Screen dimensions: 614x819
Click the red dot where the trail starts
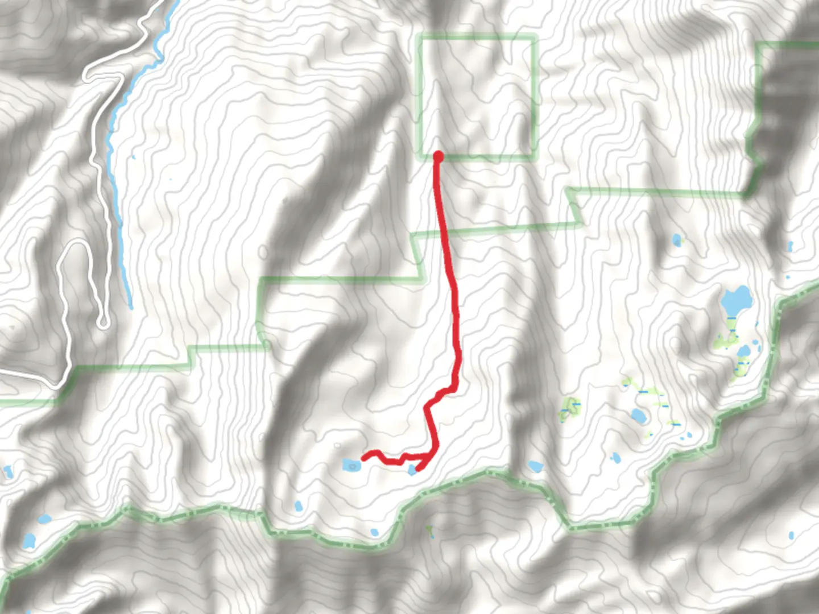[x=438, y=156]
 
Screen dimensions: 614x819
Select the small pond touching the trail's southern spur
[x=412, y=470]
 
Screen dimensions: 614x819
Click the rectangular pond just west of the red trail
[x=351, y=466]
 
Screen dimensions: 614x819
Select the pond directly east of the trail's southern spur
[x=535, y=467]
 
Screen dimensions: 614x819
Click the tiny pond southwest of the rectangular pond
[x=297, y=506]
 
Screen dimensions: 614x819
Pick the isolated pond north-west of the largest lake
[x=676, y=240]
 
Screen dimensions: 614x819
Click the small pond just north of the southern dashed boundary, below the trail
[x=374, y=533]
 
